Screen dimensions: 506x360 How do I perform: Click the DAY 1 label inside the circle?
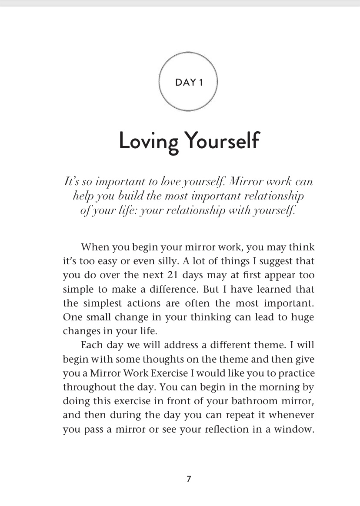pos(189,83)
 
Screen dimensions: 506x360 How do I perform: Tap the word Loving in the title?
pos(145,142)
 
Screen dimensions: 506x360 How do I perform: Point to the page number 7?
pos(189,479)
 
